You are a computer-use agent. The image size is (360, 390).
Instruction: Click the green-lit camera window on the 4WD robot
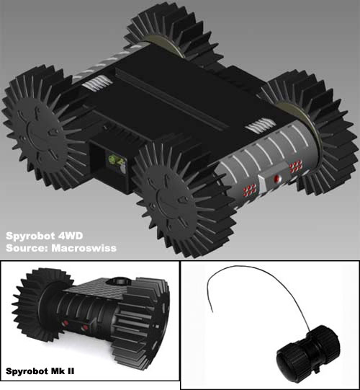point(113,159)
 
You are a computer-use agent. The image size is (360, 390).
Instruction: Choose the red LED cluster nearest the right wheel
point(295,167)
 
